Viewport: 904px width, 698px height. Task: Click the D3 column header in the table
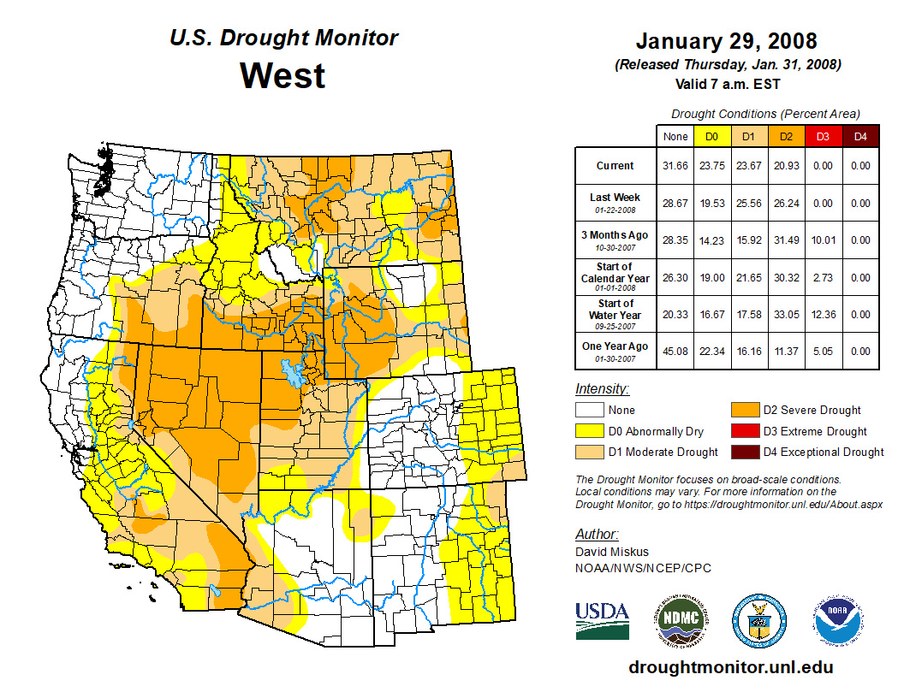(x=823, y=136)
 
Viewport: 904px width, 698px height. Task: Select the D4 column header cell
(x=860, y=136)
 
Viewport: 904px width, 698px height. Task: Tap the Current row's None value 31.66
(x=675, y=166)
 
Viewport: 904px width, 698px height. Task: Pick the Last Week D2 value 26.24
(x=786, y=204)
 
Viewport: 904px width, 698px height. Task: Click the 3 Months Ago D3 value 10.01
(x=823, y=240)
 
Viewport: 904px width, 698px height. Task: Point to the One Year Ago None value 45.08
(x=675, y=351)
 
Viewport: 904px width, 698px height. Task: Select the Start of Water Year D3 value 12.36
(x=823, y=314)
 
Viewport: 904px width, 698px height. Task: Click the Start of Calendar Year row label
(x=616, y=277)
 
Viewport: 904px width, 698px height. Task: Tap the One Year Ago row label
(x=616, y=346)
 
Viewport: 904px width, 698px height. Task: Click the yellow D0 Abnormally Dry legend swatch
(x=588, y=431)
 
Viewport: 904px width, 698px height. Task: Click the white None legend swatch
(x=588, y=411)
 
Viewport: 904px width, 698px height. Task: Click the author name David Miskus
(x=612, y=552)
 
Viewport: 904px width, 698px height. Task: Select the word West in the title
(x=282, y=75)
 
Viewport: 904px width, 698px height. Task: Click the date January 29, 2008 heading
(x=726, y=41)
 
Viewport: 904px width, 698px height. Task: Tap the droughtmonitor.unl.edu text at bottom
(x=730, y=667)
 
